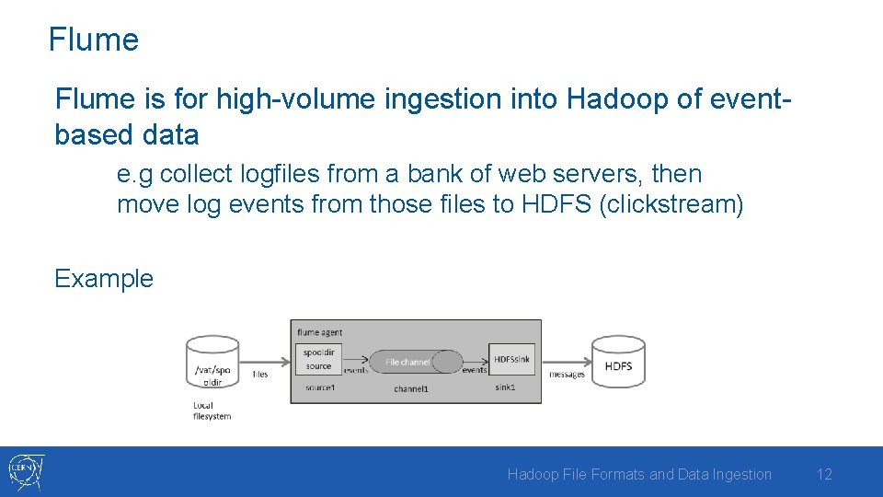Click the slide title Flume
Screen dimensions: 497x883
pyautogui.click(x=93, y=40)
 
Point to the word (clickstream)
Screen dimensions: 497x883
pyautogui.click(x=671, y=203)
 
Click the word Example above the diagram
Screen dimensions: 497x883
pyautogui.click(x=104, y=278)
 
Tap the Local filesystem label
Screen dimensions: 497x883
pyautogui.click(x=212, y=410)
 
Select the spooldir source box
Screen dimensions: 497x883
pyautogui.click(x=319, y=359)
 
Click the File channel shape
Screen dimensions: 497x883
pyautogui.click(x=409, y=362)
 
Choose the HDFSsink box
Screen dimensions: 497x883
pyautogui.click(x=511, y=359)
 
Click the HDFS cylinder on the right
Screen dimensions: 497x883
pyautogui.click(x=618, y=365)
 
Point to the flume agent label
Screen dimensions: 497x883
pyautogui.click(x=320, y=331)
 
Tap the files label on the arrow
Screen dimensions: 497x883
pyautogui.click(x=260, y=375)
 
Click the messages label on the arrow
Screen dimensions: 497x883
pyautogui.click(x=567, y=375)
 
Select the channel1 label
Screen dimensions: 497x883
pyautogui.click(x=411, y=389)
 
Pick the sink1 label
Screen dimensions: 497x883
pyautogui.click(x=506, y=388)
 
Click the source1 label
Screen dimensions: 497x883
pyautogui.click(x=320, y=388)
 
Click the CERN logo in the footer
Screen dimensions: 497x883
pyautogui.click(x=26, y=472)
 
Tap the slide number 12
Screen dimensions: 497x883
pyautogui.click(x=824, y=474)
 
